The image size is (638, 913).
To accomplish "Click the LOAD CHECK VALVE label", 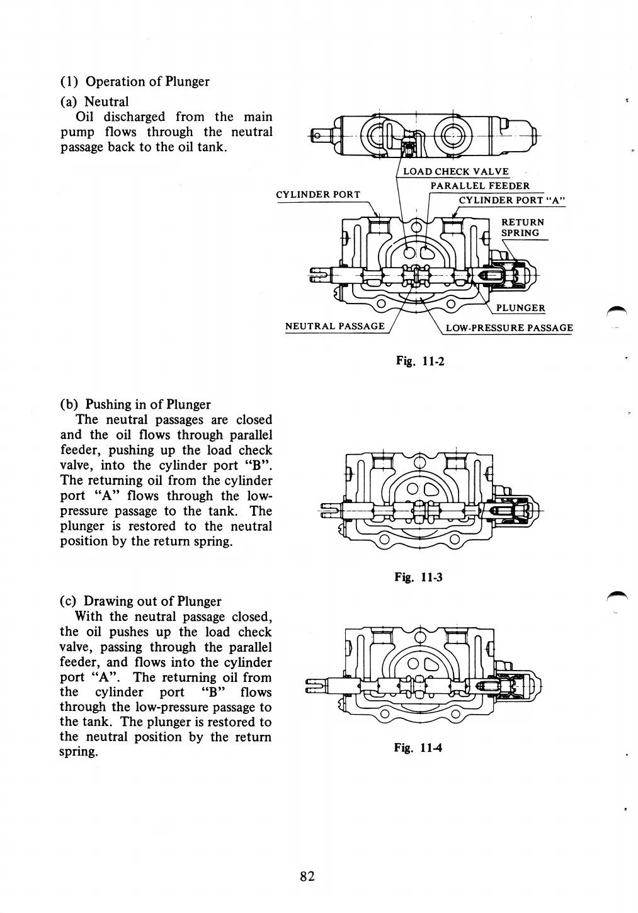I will (x=455, y=172).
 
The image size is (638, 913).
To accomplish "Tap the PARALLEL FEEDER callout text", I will (x=479, y=186).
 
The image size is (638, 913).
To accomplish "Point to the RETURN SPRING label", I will (x=522, y=227).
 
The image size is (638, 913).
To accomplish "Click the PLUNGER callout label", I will (x=521, y=308).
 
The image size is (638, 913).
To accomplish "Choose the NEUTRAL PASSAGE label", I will (x=334, y=326).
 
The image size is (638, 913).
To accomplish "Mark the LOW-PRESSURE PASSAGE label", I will (x=509, y=327).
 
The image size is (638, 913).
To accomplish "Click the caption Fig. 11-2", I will (x=420, y=361).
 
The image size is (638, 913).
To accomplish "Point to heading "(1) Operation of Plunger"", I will (x=135, y=81).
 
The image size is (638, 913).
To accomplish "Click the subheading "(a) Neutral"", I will (x=94, y=101).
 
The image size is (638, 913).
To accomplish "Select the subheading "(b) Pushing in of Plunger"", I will (x=135, y=404).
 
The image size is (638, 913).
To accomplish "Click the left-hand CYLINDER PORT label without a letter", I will (x=318, y=194).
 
